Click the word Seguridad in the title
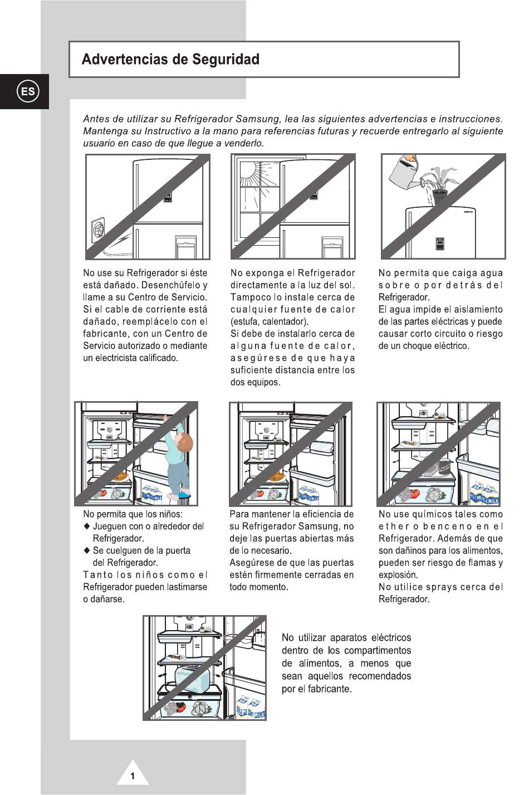pos(226,60)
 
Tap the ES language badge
pos(28,91)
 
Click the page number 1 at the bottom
pos(133,776)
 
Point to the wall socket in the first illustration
pos(98,230)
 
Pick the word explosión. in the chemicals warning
pos(398,574)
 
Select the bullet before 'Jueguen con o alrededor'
pos(87,526)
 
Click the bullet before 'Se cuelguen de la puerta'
pos(87,550)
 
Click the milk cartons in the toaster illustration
pos(251,708)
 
